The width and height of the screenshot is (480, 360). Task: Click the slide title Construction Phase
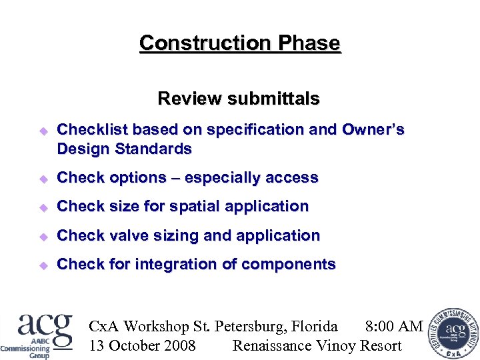click(x=239, y=43)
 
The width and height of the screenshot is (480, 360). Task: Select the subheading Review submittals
click(x=239, y=99)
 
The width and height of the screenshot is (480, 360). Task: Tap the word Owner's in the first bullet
click(x=373, y=129)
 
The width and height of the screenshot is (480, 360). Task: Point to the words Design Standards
click(x=125, y=149)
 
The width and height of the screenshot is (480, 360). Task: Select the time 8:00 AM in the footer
click(x=394, y=326)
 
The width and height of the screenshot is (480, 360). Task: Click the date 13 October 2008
click(x=142, y=345)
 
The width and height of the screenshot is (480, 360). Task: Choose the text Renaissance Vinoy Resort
click(x=317, y=345)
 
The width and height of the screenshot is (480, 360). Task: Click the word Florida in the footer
click(x=313, y=326)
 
